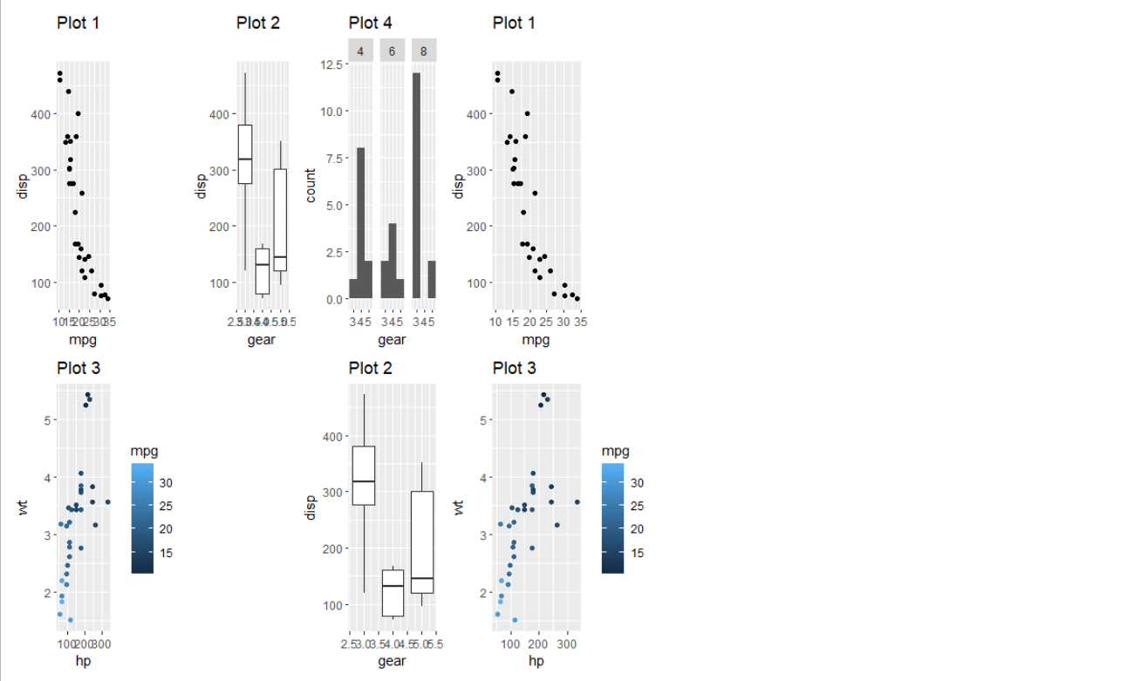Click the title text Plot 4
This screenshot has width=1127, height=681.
(x=370, y=23)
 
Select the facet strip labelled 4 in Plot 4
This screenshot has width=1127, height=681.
(x=361, y=51)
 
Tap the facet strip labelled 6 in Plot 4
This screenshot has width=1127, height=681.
(x=393, y=51)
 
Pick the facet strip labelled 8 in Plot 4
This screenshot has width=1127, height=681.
(x=424, y=51)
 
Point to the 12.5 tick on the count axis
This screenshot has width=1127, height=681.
(x=330, y=64)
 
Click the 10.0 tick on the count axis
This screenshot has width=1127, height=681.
(x=330, y=111)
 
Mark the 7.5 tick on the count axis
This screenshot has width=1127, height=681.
(x=332, y=158)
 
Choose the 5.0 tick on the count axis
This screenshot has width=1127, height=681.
(x=332, y=205)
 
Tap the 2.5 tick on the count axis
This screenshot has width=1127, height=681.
(x=332, y=252)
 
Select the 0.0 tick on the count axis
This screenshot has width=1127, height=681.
(x=332, y=299)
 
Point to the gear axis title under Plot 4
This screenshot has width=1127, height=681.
(x=392, y=339)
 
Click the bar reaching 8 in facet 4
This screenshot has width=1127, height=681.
(x=361, y=223)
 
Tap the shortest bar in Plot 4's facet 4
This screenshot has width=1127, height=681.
(x=353, y=289)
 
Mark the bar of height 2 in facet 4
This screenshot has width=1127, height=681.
(x=369, y=280)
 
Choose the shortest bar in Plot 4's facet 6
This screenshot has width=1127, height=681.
(x=400, y=289)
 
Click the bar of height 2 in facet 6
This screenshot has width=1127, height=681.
(x=385, y=280)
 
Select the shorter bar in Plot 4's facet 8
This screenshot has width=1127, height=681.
(x=432, y=280)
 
